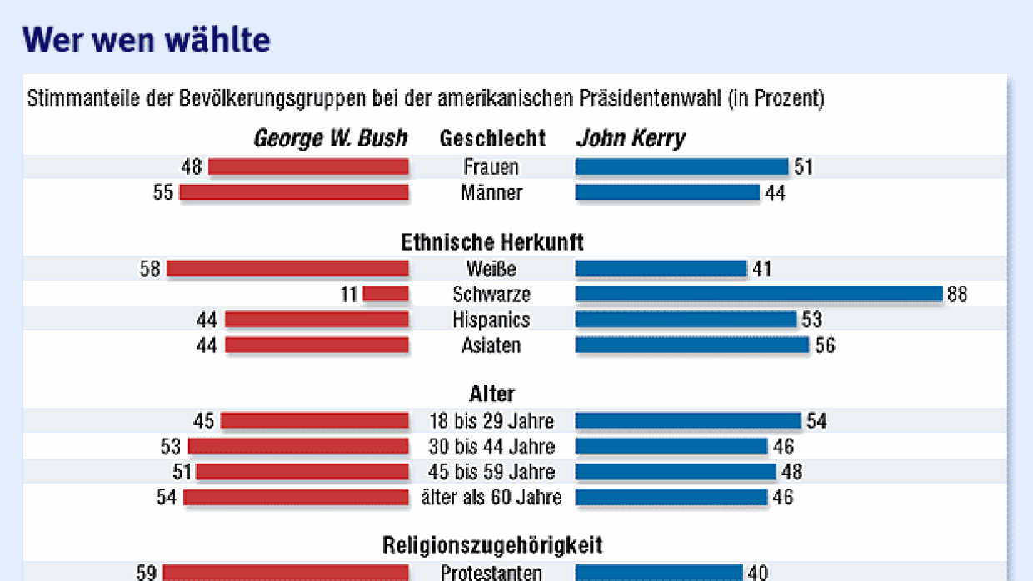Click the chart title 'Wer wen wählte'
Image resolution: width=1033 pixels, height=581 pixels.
point(146,39)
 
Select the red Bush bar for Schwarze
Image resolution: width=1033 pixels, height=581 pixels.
point(386,294)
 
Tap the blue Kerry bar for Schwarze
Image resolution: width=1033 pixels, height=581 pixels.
point(758,294)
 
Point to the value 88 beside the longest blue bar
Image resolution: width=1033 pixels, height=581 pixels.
point(957,294)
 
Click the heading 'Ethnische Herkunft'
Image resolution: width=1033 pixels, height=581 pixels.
point(492,242)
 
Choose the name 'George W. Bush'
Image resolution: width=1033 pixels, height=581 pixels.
point(331,138)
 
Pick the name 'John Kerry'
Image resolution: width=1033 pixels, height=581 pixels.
point(631,138)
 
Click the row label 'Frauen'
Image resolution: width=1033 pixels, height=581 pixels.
point(492,167)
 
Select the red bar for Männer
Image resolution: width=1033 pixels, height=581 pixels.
point(294,192)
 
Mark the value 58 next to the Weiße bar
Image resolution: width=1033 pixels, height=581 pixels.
point(150,269)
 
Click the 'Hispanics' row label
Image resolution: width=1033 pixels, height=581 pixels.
point(492,320)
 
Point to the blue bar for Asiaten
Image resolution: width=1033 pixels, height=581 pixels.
point(692,345)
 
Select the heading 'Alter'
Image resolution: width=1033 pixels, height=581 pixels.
point(492,394)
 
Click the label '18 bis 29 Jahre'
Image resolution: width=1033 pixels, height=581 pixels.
point(492,421)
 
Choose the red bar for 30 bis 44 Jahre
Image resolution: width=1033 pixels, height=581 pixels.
point(298,447)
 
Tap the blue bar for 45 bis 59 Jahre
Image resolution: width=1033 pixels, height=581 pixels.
point(676,472)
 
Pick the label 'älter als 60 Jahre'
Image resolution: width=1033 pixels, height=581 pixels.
point(492,498)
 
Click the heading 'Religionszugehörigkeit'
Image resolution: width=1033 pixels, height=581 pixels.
point(492,546)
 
